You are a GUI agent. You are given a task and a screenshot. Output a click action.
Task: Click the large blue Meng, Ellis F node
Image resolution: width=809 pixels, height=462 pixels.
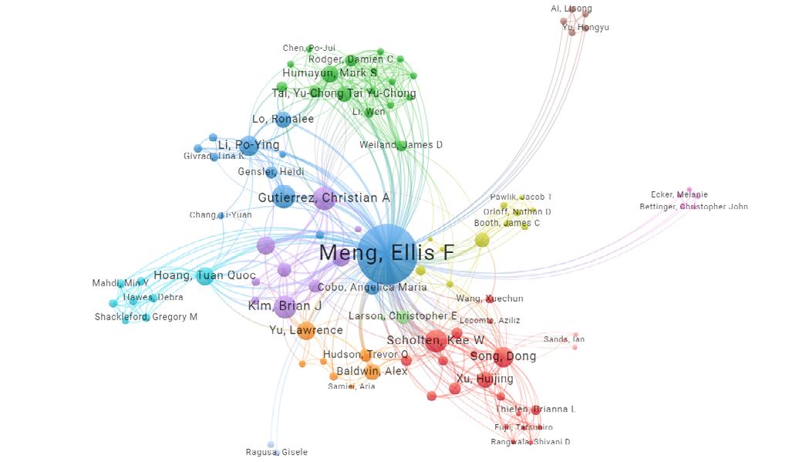pyautogui.click(x=387, y=253)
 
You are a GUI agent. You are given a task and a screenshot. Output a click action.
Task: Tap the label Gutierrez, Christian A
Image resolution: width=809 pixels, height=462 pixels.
pyautogui.click(x=324, y=198)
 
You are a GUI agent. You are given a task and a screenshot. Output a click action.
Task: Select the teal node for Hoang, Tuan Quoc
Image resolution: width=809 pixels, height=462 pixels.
pyautogui.click(x=204, y=275)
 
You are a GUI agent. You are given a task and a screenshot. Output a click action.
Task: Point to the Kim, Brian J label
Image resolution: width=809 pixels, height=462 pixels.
pyautogui.click(x=285, y=306)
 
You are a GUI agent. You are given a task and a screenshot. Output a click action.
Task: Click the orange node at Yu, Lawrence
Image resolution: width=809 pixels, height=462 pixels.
pyautogui.click(x=306, y=331)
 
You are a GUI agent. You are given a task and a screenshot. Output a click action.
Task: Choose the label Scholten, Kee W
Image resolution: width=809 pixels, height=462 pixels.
pyautogui.click(x=436, y=340)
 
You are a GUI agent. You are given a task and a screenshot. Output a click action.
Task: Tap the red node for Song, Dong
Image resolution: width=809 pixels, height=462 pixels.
pyautogui.click(x=502, y=356)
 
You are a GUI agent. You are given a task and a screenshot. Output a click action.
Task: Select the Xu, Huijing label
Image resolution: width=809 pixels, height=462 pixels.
pyautogui.click(x=484, y=379)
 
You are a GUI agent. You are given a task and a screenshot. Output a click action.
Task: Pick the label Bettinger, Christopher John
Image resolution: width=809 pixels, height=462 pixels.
pyautogui.click(x=693, y=207)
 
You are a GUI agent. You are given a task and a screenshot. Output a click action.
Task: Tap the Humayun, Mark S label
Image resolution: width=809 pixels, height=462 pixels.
pyautogui.click(x=329, y=73)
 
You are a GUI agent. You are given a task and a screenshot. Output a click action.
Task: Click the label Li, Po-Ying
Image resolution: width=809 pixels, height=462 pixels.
pyautogui.click(x=248, y=145)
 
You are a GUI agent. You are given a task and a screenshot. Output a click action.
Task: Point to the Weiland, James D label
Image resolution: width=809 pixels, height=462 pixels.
pyautogui.click(x=401, y=145)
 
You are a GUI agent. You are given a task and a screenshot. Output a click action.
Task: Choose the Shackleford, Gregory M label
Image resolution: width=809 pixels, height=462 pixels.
pyautogui.click(x=146, y=317)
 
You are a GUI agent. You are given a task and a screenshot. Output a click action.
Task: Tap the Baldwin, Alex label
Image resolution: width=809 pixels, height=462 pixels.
pyautogui.click(x=372, y=371)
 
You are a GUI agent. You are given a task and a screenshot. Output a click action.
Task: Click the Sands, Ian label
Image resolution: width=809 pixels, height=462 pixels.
pyautogui.click(x=564, y=339)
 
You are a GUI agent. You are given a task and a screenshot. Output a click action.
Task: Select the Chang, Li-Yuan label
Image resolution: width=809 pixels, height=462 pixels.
pyautogui.click(x=221, y=215)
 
